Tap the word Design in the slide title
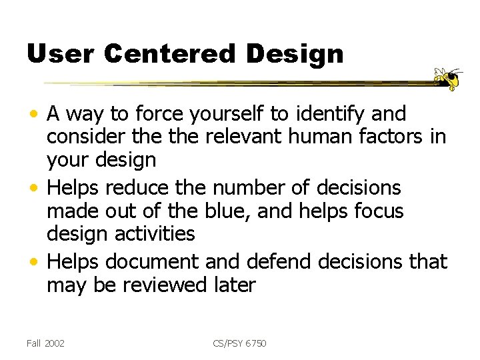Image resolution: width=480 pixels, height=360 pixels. [294, 55]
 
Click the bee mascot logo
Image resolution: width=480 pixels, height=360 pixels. [448, 78]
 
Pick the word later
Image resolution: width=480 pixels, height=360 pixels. [234, 285]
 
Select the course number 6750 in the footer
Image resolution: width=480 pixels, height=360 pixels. [254, 343]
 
